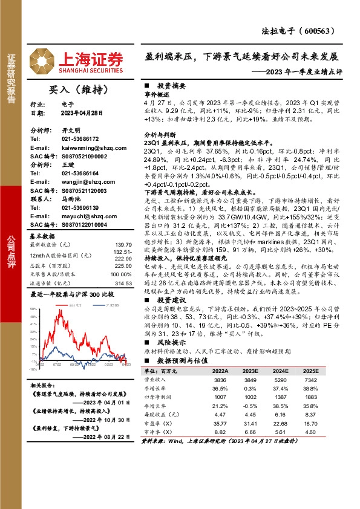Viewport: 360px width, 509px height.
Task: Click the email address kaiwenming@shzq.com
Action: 83,148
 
